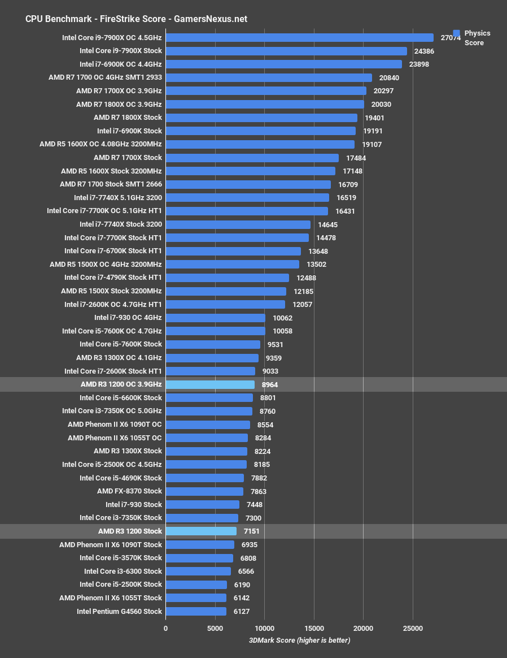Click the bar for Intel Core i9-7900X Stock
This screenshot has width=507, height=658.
tap(286, 51)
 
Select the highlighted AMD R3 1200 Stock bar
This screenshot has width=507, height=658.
tap(201, 531)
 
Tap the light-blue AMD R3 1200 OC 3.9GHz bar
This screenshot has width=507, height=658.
tap(210, 385)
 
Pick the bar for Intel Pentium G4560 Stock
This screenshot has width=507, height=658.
tap(196, 612)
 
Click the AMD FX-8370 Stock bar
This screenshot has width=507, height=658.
tap(204, 492)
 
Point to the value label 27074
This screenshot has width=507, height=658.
tap(451, 38)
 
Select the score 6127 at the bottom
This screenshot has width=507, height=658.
tap(241, 612)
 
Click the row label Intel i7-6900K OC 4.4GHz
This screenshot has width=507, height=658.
tap(120, 64)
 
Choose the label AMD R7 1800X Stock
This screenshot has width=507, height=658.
tap(128, 118)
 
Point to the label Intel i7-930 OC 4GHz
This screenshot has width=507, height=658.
tap(128, 318)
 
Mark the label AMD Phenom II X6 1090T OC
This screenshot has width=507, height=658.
tap(115, 425)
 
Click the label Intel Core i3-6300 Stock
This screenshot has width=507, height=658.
tap(123, 572)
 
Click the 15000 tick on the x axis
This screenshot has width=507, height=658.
tap(314, 629)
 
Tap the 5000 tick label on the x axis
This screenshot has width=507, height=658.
tap(215, 629)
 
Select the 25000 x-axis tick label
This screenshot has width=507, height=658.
tap(413, 629)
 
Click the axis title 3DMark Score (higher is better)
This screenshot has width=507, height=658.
tap(299, 640)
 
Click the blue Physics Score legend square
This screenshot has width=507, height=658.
tap(457, 33)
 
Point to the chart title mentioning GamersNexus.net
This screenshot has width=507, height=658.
tap(136, 19)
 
